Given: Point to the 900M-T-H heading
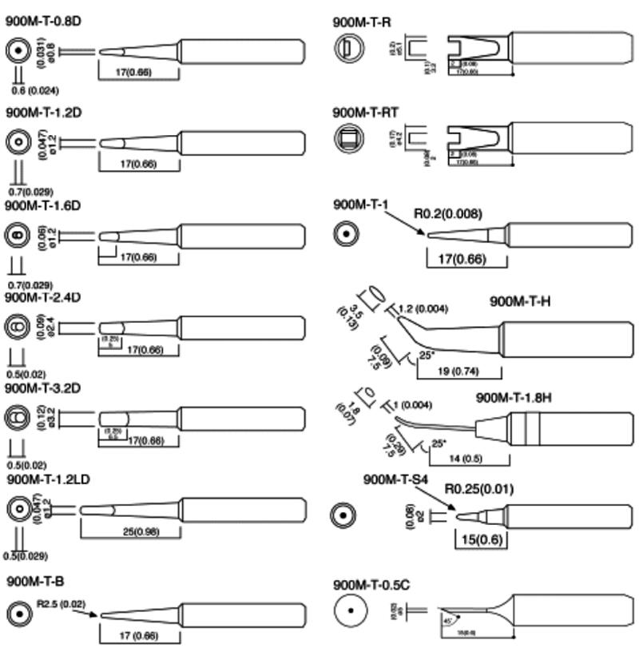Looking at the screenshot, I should [521, 301].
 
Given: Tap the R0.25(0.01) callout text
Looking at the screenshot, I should [479, 489].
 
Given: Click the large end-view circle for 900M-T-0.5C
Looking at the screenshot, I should [351, 614].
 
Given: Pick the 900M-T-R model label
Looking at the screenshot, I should [362, 22].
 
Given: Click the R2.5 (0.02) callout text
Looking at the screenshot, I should [62, 603].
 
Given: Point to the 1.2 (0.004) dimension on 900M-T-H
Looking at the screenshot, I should [423, 308].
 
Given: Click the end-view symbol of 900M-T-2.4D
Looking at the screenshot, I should [18, 328].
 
